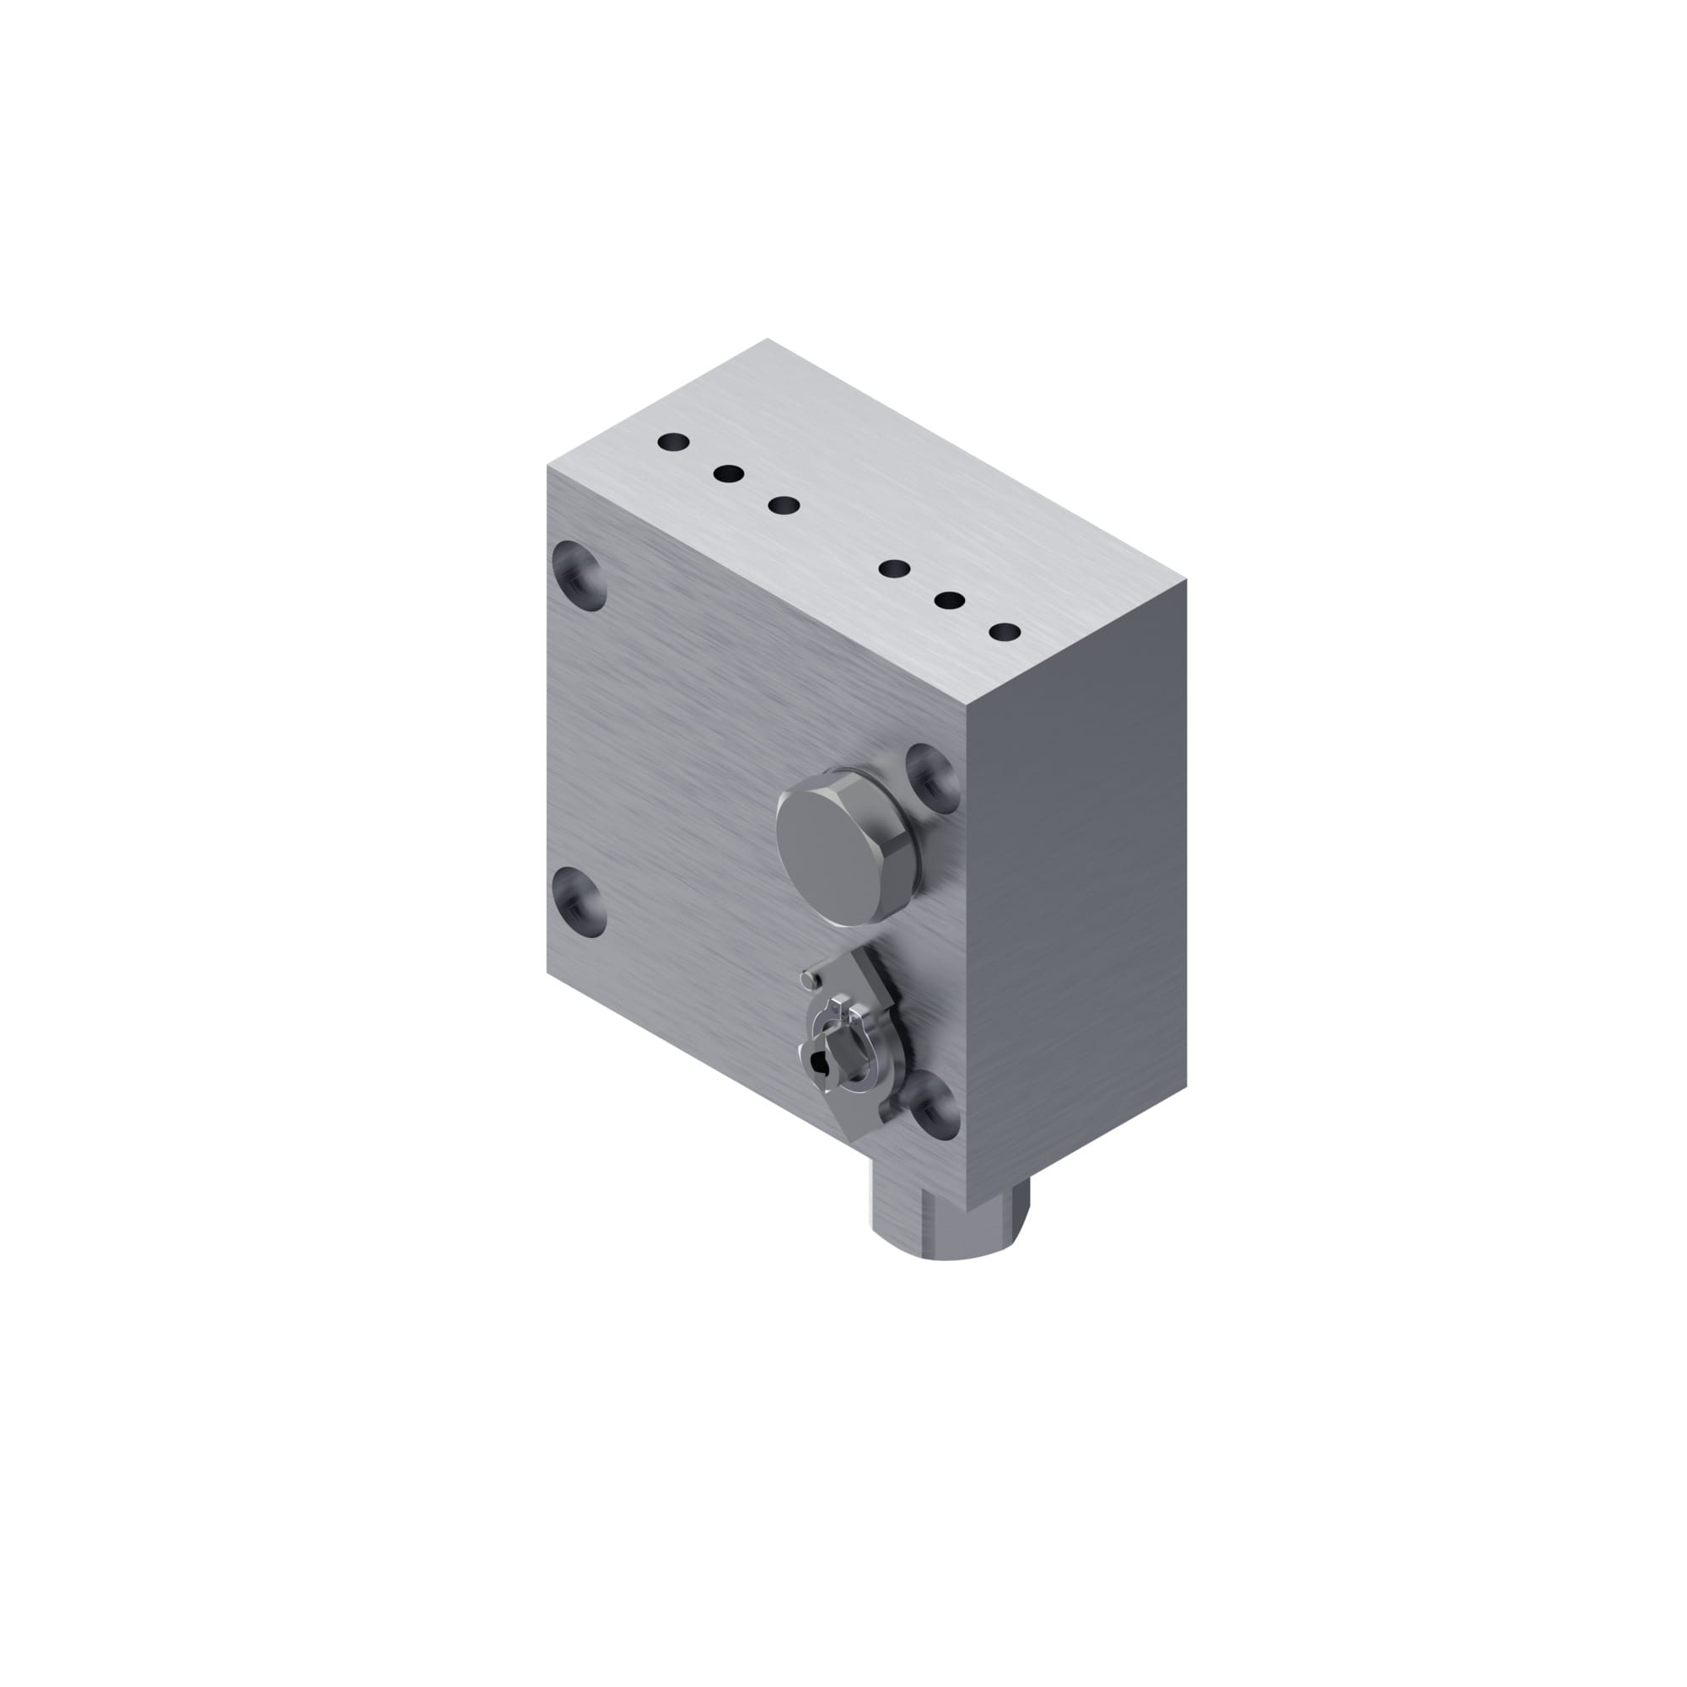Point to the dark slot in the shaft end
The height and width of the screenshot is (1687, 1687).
(x=818, y=1063)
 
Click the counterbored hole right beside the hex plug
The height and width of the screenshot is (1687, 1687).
(x=933, y=777)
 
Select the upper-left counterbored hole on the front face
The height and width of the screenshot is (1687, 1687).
(x=580, y=575)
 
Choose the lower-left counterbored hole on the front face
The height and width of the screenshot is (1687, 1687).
(x=580, y=902)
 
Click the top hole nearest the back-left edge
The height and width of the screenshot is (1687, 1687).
(x=673, y=443)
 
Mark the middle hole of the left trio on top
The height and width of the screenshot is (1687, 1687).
(x=728, y=474)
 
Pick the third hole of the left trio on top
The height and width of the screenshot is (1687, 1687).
(x=784, y=505)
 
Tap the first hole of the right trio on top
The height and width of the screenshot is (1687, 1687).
(x=894, y=569)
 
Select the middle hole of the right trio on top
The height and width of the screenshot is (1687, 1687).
(x=949, y=601)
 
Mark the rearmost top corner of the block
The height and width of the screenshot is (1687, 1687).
(x=768, y=339)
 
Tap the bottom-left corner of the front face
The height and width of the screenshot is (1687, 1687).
(x=547, y=971)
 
